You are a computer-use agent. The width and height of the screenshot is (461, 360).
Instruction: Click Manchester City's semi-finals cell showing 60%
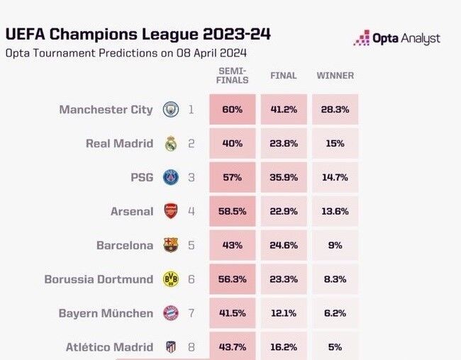coord(232,110)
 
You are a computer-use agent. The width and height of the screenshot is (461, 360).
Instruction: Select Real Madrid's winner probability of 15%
coord(335,144)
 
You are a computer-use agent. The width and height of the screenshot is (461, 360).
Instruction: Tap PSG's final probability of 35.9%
coord(284,178)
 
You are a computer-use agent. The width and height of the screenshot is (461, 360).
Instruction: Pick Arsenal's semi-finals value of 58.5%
coord(232,211)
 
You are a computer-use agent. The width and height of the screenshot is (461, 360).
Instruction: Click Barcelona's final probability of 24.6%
coord(284,245)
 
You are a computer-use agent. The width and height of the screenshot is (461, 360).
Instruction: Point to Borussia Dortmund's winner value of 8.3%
coord(335,279)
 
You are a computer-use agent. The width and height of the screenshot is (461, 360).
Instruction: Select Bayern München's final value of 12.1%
coord(284,313)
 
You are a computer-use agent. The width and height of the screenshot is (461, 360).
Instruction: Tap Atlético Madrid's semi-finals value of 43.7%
coord(232,347)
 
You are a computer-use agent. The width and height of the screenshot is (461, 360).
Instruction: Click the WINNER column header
coord(335,76)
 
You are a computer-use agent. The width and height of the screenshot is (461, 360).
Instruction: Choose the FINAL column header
coord(284,76)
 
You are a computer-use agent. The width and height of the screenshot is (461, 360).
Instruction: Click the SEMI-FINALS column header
coord(232,76)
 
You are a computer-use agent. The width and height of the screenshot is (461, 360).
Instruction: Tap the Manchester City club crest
coord(170,110)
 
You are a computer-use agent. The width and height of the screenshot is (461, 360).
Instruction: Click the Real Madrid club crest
coord(170,144)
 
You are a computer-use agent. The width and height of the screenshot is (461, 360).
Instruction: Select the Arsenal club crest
coord(170,211)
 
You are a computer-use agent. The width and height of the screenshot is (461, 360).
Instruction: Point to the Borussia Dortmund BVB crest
coord(170,279)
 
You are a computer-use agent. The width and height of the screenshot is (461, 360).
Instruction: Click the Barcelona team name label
coord(125,245)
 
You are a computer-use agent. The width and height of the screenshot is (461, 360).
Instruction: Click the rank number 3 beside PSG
coord(191,178)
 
